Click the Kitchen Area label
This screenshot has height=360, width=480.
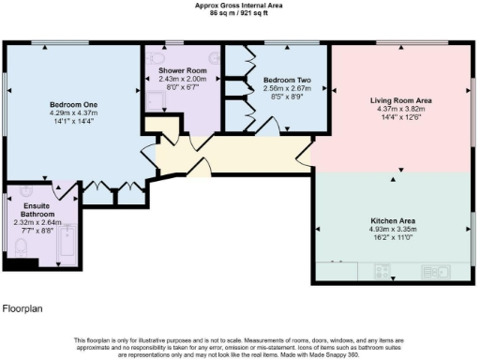point(394,220)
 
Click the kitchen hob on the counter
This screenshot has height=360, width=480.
point(339,264)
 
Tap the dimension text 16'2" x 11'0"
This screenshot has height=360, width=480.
point(394,238)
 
